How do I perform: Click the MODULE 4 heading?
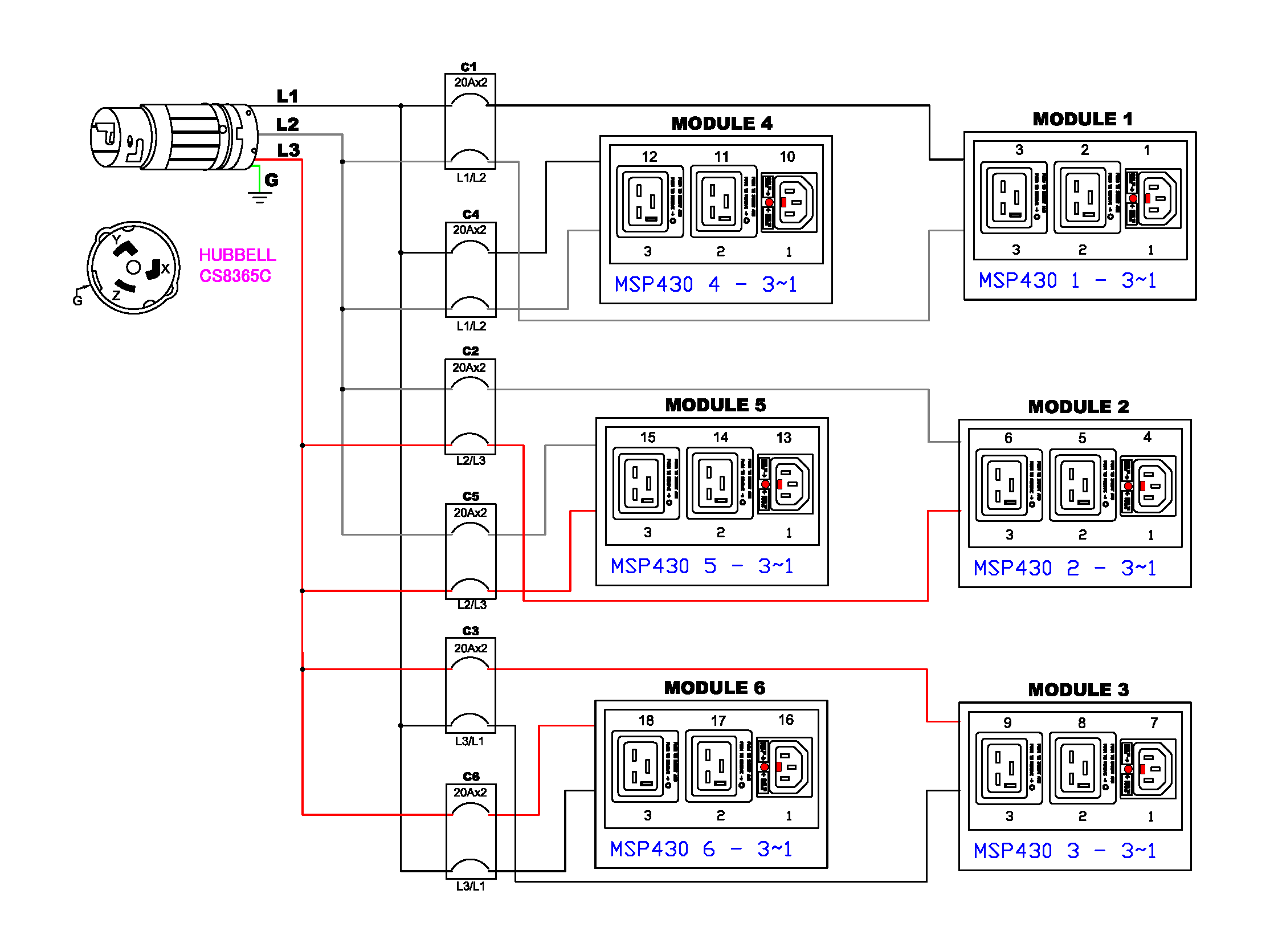coord(721,123)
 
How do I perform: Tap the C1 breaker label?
coord(468,67)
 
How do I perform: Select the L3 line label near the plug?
coord(288,150)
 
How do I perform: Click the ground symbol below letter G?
coord(259,198)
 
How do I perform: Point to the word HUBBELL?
coord(237,255)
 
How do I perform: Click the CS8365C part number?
coord(235,276)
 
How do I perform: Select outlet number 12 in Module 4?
coord(649,157)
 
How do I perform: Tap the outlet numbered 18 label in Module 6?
coord(646,720)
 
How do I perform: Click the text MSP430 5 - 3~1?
coord(701,566)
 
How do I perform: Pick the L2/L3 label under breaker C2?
coord(471,460)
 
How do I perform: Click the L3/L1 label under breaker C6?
coord(470,886)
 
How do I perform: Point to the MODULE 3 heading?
coord(1078,689)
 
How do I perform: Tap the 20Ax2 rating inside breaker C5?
coord(470,513)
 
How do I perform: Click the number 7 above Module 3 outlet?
coord(1154,722)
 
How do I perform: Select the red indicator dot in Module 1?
coord(1133,198)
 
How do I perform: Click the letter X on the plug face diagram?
coord(165,268)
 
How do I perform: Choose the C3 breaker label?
coord(470,631)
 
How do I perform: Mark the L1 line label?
coord(287,96)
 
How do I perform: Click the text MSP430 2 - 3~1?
coord(1064,568)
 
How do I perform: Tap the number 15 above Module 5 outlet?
coord(648,438)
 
